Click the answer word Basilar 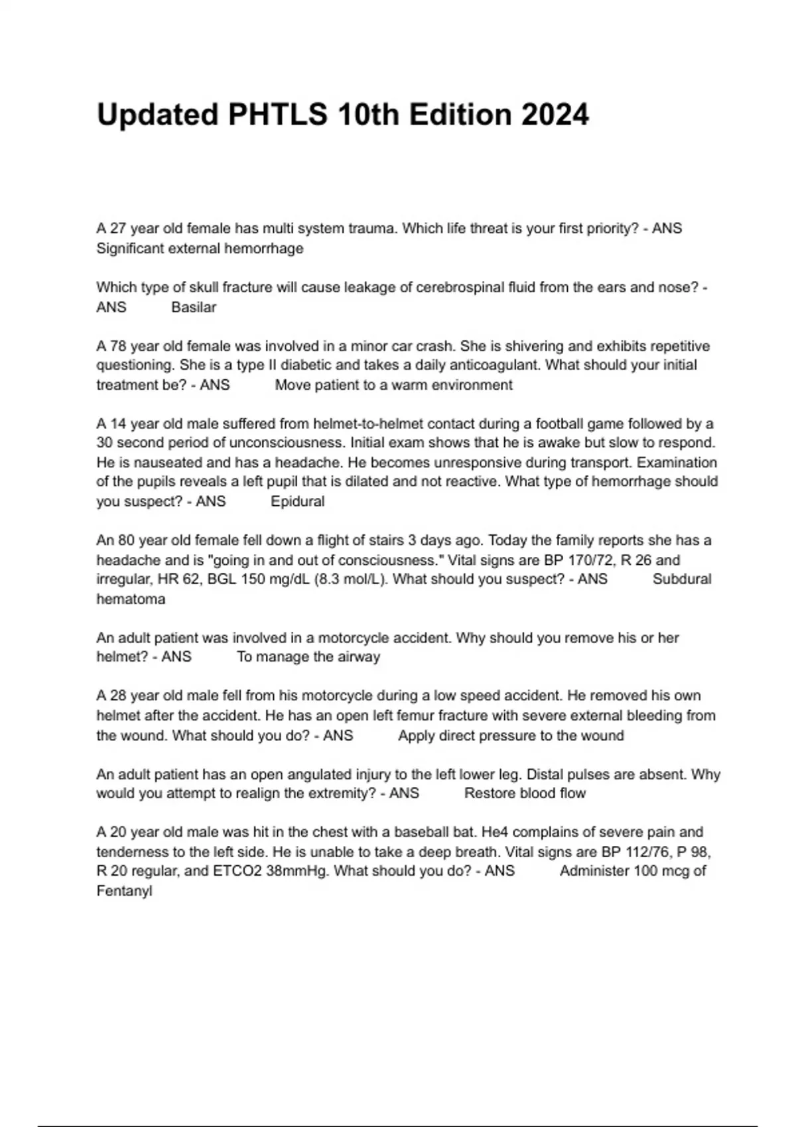[x=194, y=308]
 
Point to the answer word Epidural [x=298, y=502]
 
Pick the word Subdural [x=682, y=579]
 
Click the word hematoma [x=131, y=599]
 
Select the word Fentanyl [x=124, y=891]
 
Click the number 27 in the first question [x=118, y=229]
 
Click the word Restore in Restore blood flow [x=488, y=794]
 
